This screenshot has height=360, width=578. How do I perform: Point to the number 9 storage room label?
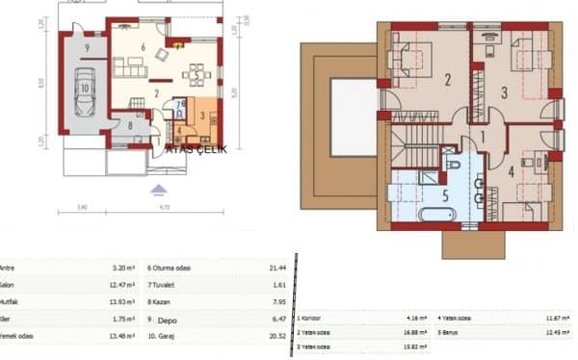[86, 46]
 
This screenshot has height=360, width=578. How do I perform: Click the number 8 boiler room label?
[130, 124]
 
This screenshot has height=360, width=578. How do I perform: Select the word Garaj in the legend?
[167, 336]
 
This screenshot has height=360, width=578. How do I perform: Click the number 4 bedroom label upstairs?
[512, 172]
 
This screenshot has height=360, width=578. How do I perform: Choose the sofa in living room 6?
[125, 67]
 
